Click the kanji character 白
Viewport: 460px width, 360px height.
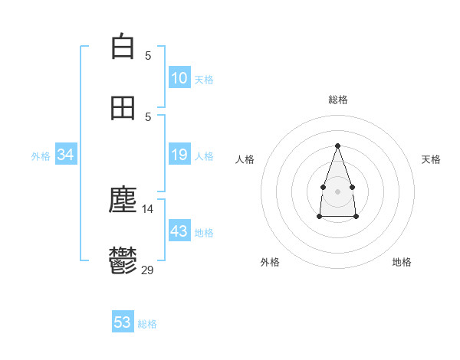coord(123,47)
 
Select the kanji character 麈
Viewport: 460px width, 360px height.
coord(123,201)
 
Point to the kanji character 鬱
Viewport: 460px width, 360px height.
coord(123,261)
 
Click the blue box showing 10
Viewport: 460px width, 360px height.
coord(179,77)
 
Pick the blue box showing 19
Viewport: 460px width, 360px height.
coord(179,155)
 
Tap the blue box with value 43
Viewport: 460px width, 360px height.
coord(179,231)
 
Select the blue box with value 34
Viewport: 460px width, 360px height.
coord(66,155)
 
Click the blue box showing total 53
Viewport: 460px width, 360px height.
coord(123,322)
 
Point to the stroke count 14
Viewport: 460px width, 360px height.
coord(148,208)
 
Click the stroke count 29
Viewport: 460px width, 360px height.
coord(148,269)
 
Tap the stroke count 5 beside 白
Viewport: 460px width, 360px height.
coord(148,55)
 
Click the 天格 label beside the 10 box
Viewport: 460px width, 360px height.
coord(204,79)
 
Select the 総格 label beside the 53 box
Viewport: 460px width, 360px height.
coord(147,324)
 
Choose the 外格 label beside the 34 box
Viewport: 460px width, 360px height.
coord(41,156)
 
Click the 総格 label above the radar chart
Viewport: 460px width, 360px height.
coord(337,100)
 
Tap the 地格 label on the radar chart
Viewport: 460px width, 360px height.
coord(402,262)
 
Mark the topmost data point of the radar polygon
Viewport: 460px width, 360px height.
coord(337,146)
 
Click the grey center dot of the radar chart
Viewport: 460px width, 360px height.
coord(337,190)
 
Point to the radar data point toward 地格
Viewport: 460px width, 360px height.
coord(356,217)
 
